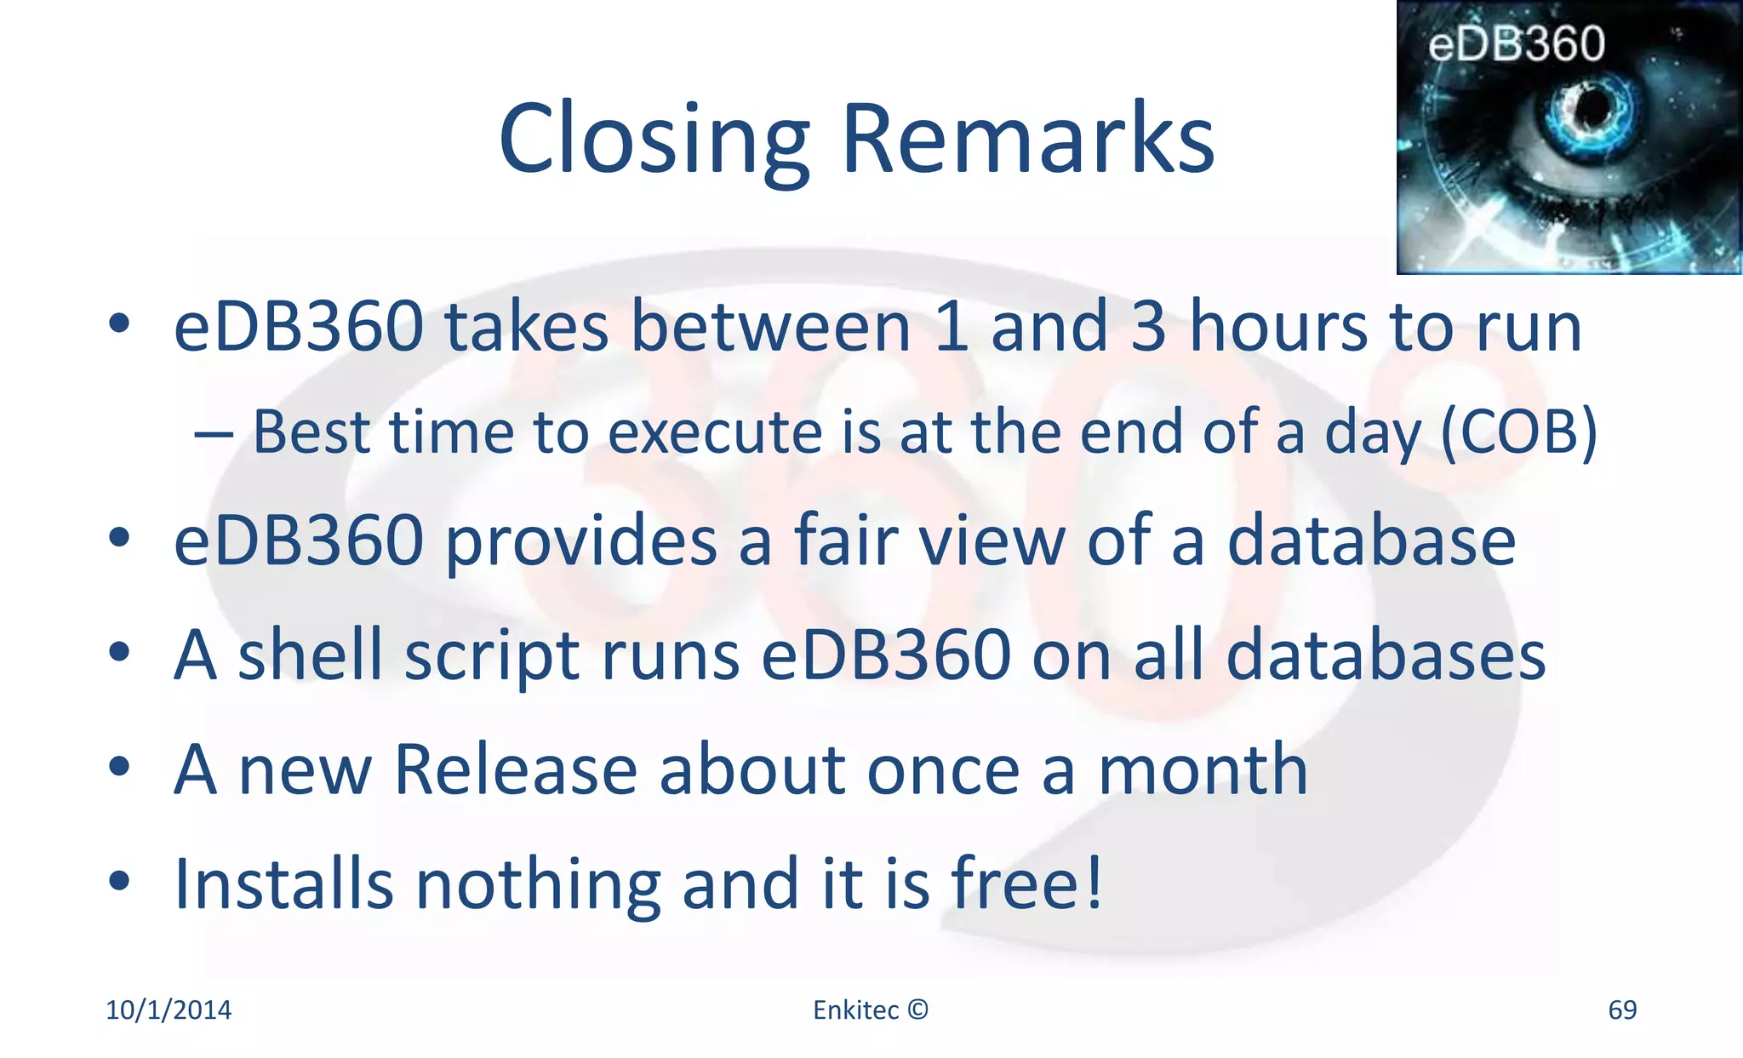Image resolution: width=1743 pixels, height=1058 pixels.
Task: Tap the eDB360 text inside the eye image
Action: (x=1516, y=44)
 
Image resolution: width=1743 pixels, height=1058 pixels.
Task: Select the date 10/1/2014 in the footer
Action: (x=169, y=1010)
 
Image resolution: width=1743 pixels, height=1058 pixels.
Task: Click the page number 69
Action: (x=1622, y=1010)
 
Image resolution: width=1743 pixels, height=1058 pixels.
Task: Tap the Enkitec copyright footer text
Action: (x=870, y=1010)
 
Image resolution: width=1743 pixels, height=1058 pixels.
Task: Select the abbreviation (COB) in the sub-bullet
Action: (x=1519, y=432)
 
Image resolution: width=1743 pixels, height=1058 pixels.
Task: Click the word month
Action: (x=1203, y=770)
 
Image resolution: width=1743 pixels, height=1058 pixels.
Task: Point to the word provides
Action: (x=581, y=543)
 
